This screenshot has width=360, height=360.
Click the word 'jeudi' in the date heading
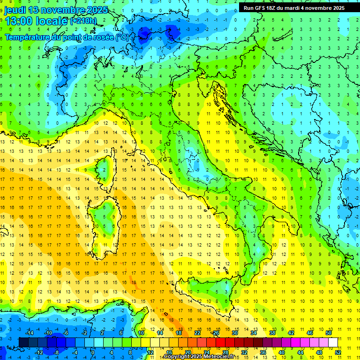[x=15, y=10]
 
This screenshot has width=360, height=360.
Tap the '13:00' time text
[x=18, y=21]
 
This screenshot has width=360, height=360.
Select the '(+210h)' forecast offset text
[x=83, y=21]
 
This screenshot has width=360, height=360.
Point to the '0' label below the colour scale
[x=92, y=352]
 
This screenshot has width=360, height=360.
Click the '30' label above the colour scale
[x=234, y=333]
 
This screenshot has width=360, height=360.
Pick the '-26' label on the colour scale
[x=215, y=333]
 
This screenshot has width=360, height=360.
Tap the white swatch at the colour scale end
[x=333, y=342]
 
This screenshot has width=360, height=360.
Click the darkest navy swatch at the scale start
[x=23, y=342]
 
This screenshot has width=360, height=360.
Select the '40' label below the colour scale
[x=282, y=352]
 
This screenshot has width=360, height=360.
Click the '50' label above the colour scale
[x=329, y=333]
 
